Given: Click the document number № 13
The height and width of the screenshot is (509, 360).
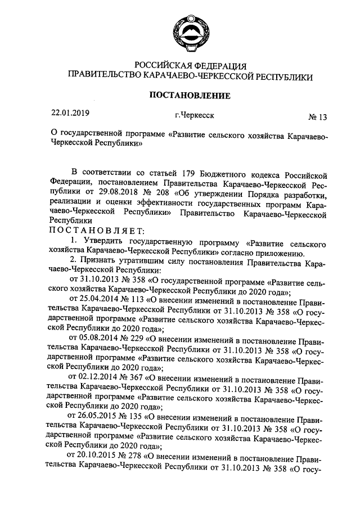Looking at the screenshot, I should point(317,118).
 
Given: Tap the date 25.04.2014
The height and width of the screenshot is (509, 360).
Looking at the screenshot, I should point(96,301).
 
